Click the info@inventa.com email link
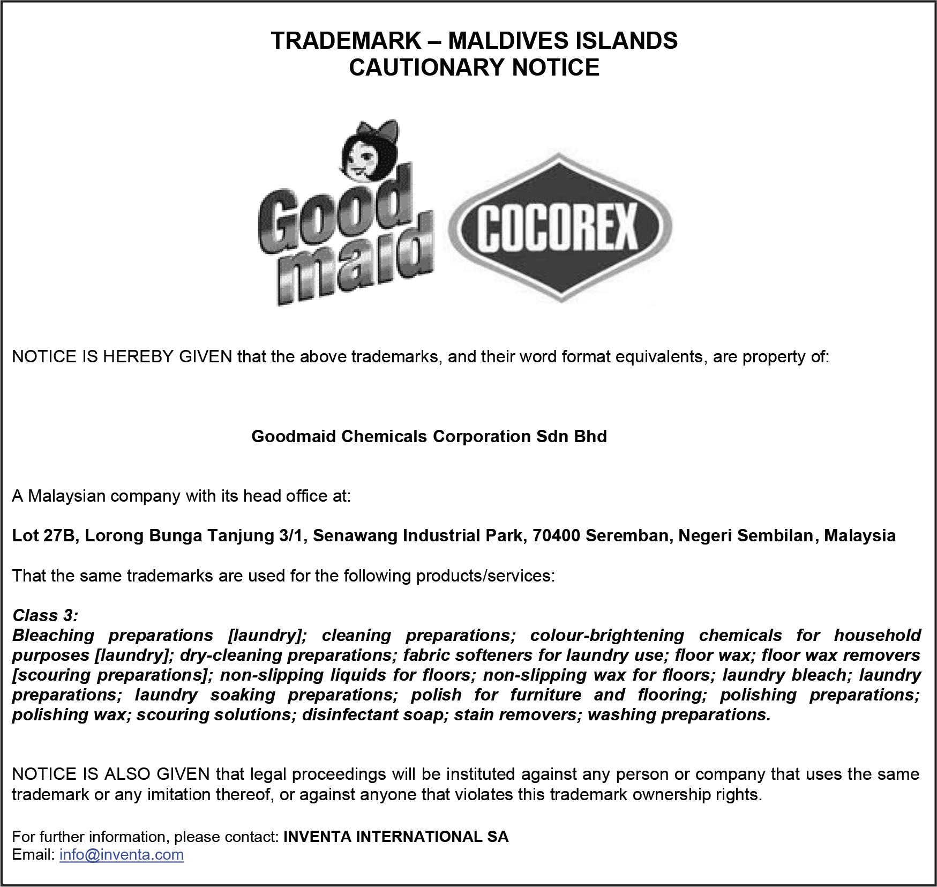[122, 854]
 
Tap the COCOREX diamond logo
[559, 227]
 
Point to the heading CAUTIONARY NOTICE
[474, 68]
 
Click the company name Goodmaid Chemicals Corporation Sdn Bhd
[429, 436]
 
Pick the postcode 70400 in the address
[556, 535]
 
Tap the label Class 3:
[45, 615]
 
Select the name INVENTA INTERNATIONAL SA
[396, 837]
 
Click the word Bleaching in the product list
[53, 635]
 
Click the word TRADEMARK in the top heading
[346, 41]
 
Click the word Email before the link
[33, 854]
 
